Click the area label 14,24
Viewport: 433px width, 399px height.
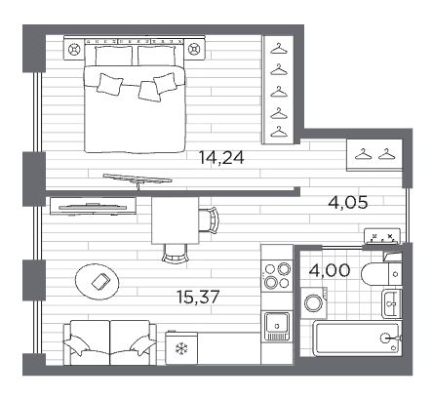pos(221,158)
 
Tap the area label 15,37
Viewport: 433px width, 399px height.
pos(198,297)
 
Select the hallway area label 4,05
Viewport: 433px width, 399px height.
pos(348,203)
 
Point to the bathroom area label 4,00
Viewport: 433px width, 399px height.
pos(330,270)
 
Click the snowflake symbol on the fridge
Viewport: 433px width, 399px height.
pos(179,349)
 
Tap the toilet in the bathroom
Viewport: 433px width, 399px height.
pos(381,273)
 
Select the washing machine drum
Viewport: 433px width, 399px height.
pos(313,302)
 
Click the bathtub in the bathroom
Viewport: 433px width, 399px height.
pos(357,339)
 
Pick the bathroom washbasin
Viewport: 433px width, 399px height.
pos(392,303)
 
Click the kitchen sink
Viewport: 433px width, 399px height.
pos(276,326)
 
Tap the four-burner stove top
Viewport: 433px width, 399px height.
pos(277,276)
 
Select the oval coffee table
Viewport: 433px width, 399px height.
pos(98,281)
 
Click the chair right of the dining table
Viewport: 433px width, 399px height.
pos(209,219)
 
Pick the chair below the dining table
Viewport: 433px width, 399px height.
pos(176,253)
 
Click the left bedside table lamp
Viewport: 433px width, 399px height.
pos(74,50)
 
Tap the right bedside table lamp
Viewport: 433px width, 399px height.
pos(194,50)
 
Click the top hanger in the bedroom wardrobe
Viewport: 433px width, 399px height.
pos(279,50)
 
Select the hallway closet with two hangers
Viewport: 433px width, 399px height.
pos(374,155)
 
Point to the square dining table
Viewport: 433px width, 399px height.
pos(176,220)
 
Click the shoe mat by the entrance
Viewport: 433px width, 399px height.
pos(381,236)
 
